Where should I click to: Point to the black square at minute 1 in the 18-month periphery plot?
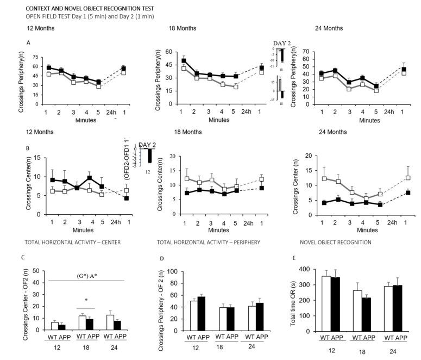(184, 60)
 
